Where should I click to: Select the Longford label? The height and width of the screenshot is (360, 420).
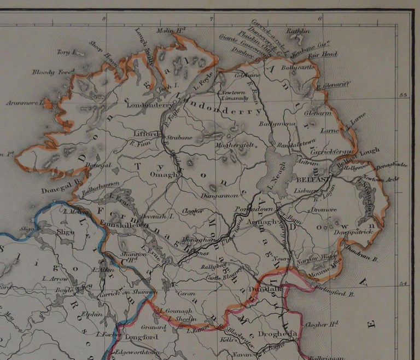pos(141,337)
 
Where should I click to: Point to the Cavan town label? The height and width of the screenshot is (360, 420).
pos(186,293)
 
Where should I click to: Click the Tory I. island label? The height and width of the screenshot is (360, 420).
pos(65,53)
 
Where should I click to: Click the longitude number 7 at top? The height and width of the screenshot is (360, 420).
pos(212,19)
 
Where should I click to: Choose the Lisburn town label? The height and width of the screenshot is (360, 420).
pos(306,190)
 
